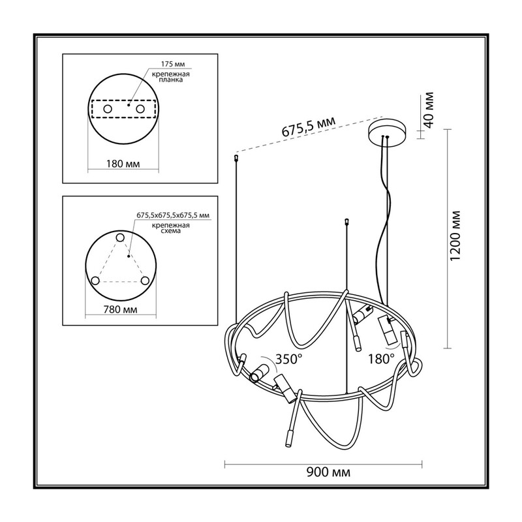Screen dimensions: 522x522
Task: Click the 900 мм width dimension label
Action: point(328,472)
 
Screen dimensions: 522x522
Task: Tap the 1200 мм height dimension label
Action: point(455,236)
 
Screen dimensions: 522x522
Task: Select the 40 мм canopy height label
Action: point(429,110)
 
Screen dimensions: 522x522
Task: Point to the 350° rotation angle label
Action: point(288,359)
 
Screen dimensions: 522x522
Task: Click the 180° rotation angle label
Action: point(381,359)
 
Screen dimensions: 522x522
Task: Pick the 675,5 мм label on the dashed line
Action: point(309,126)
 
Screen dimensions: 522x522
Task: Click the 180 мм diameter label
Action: point(123,164)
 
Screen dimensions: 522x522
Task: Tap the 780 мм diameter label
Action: point(120,309)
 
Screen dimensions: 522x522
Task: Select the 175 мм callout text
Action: point(173,64)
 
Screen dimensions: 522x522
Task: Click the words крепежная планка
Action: point(171,77)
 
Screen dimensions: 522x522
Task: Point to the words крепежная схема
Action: point(171,228)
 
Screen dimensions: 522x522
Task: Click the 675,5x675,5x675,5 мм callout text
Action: point(173,215)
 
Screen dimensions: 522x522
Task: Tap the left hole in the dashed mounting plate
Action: point(108,109)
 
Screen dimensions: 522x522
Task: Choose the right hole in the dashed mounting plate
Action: point(140,109)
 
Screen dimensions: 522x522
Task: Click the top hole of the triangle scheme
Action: point(120,238)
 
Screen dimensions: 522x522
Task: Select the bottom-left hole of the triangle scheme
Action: point(95,281)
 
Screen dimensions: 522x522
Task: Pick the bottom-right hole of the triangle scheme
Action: point(145,281)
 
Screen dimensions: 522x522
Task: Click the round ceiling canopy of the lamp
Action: point(387,132)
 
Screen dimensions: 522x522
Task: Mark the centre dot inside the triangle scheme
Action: point(128,256)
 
